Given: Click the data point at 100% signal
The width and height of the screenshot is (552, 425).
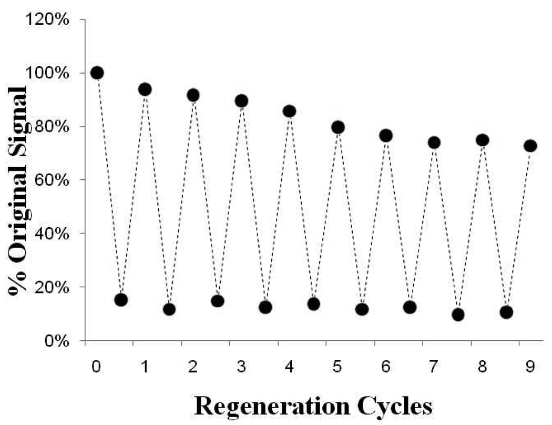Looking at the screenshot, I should [x=97, y=73].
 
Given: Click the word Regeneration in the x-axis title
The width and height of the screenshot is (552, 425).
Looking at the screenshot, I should [x=273, y=407].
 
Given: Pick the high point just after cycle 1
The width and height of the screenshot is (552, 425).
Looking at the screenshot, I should [x=145, y=89].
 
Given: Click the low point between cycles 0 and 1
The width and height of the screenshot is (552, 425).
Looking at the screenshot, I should [x=121, y=300].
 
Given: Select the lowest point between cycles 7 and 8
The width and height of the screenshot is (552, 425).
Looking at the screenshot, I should [x=458, y=315].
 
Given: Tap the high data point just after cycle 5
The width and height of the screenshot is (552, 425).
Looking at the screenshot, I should [x=338, y=127].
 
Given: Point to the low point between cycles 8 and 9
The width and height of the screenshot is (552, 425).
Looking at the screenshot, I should [x=506, y=312].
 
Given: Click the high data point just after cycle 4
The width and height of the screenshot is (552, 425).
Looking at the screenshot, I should [x=290, y=111].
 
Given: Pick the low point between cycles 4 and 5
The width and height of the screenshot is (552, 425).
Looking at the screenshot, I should [x=314, y=304].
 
